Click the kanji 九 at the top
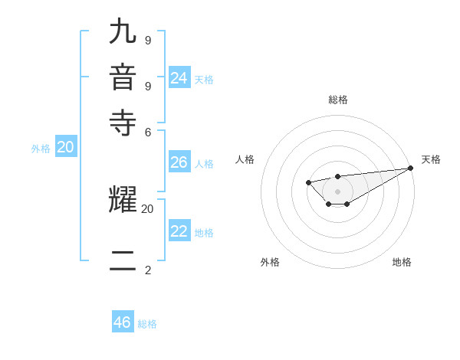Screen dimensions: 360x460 tap(123, 33)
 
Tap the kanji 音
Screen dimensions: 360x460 tap(123, 78)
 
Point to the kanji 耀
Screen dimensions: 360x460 tap(123, 200)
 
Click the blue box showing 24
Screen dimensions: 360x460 tap(179, 78)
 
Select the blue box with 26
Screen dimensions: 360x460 tap(179, 162)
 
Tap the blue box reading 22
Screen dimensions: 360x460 tap(179, 231)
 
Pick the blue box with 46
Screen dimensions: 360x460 tap(123, 322)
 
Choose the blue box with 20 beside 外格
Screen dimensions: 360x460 tap(66, 148)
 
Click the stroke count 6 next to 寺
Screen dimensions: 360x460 tap(147, 131)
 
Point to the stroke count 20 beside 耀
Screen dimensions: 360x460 tap(147, 208)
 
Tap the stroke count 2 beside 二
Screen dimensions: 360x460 tap(147, 270)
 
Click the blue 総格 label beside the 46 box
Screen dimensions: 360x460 tap(148, 324)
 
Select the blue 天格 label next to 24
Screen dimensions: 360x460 tap(204, 80)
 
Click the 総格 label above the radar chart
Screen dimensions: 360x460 tap(338, 100)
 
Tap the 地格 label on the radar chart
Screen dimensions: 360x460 tap(402, 263)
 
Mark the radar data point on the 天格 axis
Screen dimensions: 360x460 tap(410, 168)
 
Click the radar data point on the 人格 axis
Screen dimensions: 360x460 tap(307, 182)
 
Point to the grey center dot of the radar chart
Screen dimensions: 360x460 tap(337, 191)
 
